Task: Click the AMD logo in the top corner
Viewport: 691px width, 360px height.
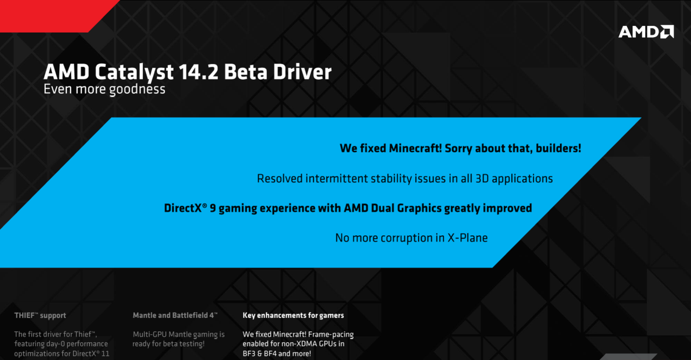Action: pyautogui.click(x=646, y=32)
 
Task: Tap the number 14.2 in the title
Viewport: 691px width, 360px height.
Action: pyautogui.click(x=198, y=72)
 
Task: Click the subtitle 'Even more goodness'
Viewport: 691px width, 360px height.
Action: pyautogui.click(x=104, y=90)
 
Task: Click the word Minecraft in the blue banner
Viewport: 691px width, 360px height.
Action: pyautogui.click(x=415, y=148)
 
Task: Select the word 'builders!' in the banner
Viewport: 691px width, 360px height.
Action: pyautogui.click(x=558, y=148)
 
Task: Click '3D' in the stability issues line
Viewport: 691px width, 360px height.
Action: pyautogui.click(x=482, y=179)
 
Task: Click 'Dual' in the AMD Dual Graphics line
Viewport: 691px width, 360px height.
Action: pyautogui.click(x=382, y=208)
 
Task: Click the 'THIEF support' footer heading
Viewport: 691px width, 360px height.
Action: pyautogui.click(x=40, y=316)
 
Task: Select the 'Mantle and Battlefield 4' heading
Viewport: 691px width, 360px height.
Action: pyautogui.click(x=175, y=315)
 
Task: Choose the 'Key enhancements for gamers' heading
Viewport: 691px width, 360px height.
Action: pyautogui.click(x=293, y=316)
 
